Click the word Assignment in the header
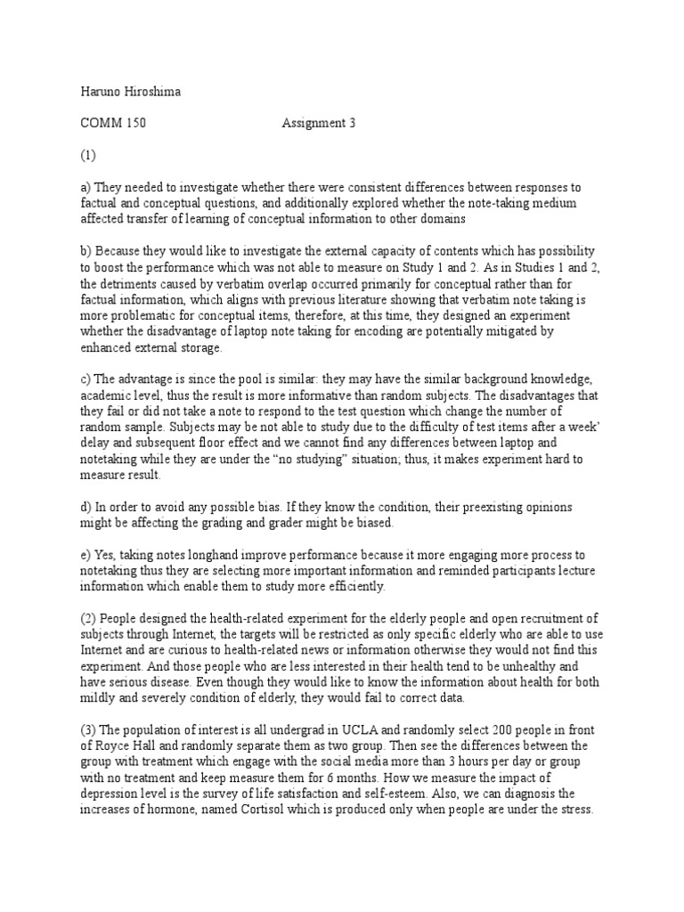click(313, 123)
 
